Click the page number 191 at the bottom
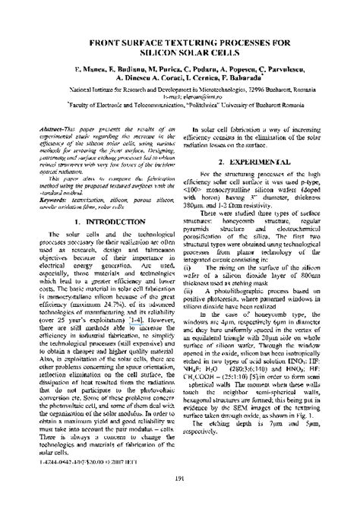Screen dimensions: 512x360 coord(181,499)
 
